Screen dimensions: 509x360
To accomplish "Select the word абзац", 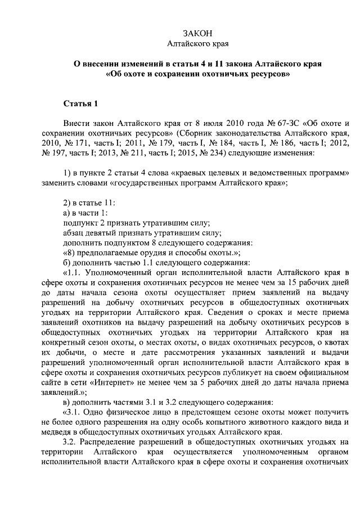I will pyautogui.click(x=74, y=233).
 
